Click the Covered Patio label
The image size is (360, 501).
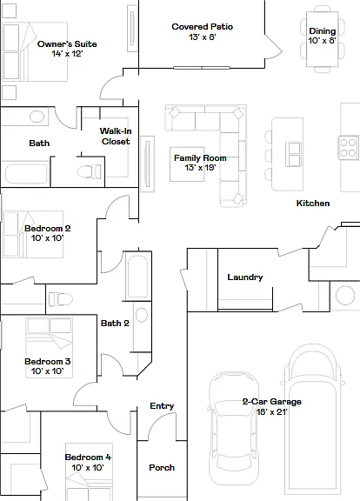203,27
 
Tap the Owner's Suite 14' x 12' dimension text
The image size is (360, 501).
67,54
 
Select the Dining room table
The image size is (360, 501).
323,39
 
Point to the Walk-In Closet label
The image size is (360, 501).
116,136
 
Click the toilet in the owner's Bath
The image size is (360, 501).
89,171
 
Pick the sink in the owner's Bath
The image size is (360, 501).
37,117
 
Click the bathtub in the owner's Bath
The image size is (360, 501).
26,174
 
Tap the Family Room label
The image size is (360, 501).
200,157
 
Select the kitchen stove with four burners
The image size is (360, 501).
348,147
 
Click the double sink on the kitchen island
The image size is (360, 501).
294,154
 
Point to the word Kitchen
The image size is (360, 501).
313,204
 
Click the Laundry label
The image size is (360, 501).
245,277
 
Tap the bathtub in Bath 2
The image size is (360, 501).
137,277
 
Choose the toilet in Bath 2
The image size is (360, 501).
60,299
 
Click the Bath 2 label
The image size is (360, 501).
115,324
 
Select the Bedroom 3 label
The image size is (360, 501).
48,361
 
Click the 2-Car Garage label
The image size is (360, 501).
271,402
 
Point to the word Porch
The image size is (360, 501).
162,468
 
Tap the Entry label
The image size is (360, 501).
162,406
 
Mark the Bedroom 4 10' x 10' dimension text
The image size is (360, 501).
88,468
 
